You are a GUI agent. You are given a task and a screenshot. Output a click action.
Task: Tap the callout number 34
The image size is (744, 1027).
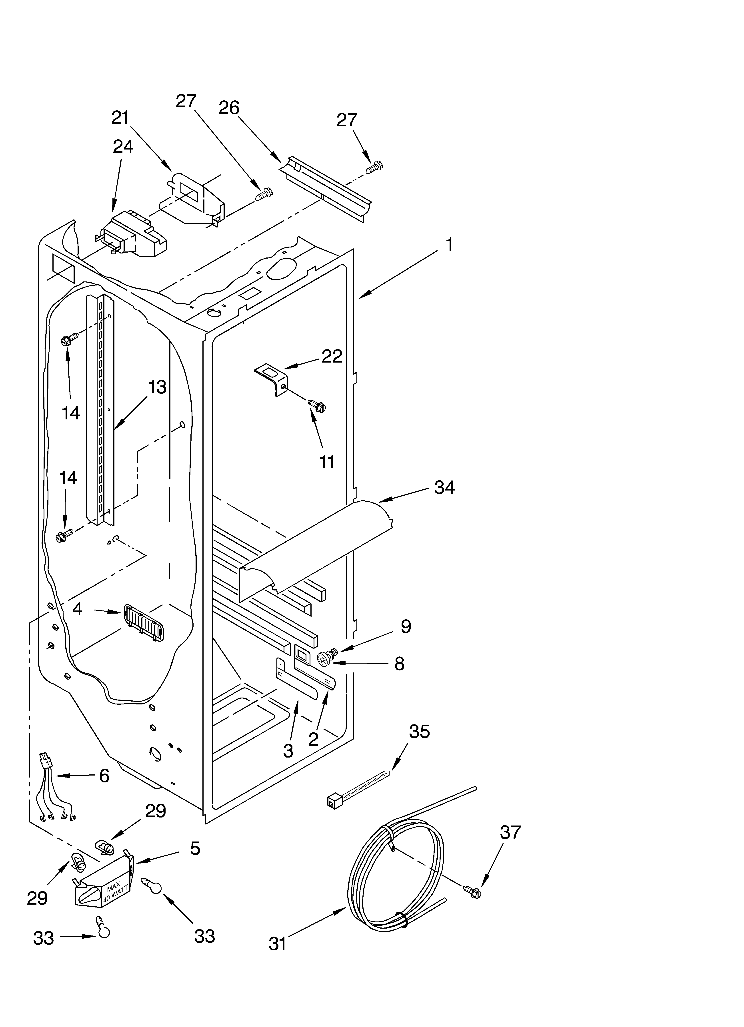coord(444,488)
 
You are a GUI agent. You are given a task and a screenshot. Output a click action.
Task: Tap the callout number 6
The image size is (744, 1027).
coord(104,776)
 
